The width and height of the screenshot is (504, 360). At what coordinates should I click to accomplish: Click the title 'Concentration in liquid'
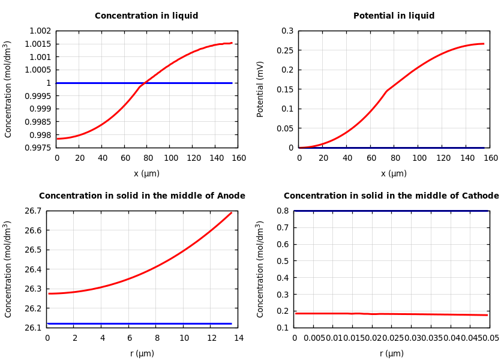(146, 16)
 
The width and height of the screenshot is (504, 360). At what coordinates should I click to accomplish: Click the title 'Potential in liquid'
(394, 16)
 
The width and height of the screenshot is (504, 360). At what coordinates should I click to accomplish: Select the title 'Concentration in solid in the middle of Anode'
(142, 196)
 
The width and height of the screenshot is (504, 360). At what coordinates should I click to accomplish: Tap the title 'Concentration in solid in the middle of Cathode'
(391, 196)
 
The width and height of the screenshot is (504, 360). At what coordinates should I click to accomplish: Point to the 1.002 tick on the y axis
(40, 31)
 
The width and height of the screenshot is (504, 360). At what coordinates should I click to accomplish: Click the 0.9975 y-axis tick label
(38, 148)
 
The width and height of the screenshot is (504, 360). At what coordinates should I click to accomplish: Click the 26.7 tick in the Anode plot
(33, 211)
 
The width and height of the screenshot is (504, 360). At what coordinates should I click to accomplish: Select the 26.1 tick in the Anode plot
(33, 328)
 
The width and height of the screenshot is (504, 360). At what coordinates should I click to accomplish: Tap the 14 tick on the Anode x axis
(238, 338)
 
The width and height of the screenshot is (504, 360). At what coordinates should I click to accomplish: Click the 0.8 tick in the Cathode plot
(283, 211)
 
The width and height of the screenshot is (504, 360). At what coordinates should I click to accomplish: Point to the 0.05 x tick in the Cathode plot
(491, 338)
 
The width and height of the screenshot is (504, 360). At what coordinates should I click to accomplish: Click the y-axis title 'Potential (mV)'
(260, 89)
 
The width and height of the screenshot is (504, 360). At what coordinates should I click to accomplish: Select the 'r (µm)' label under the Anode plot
(142, 353)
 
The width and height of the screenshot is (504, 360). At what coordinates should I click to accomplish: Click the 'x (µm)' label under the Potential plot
(394, 173)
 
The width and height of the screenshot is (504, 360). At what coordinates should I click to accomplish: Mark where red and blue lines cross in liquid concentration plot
(144, 83)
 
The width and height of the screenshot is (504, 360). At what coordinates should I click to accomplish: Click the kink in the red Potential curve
(386, 91)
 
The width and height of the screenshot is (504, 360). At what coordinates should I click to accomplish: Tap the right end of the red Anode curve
(232, 212)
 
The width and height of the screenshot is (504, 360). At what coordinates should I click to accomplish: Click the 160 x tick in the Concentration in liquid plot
(238, 158)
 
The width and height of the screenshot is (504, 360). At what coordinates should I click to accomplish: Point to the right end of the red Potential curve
(484, 43)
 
